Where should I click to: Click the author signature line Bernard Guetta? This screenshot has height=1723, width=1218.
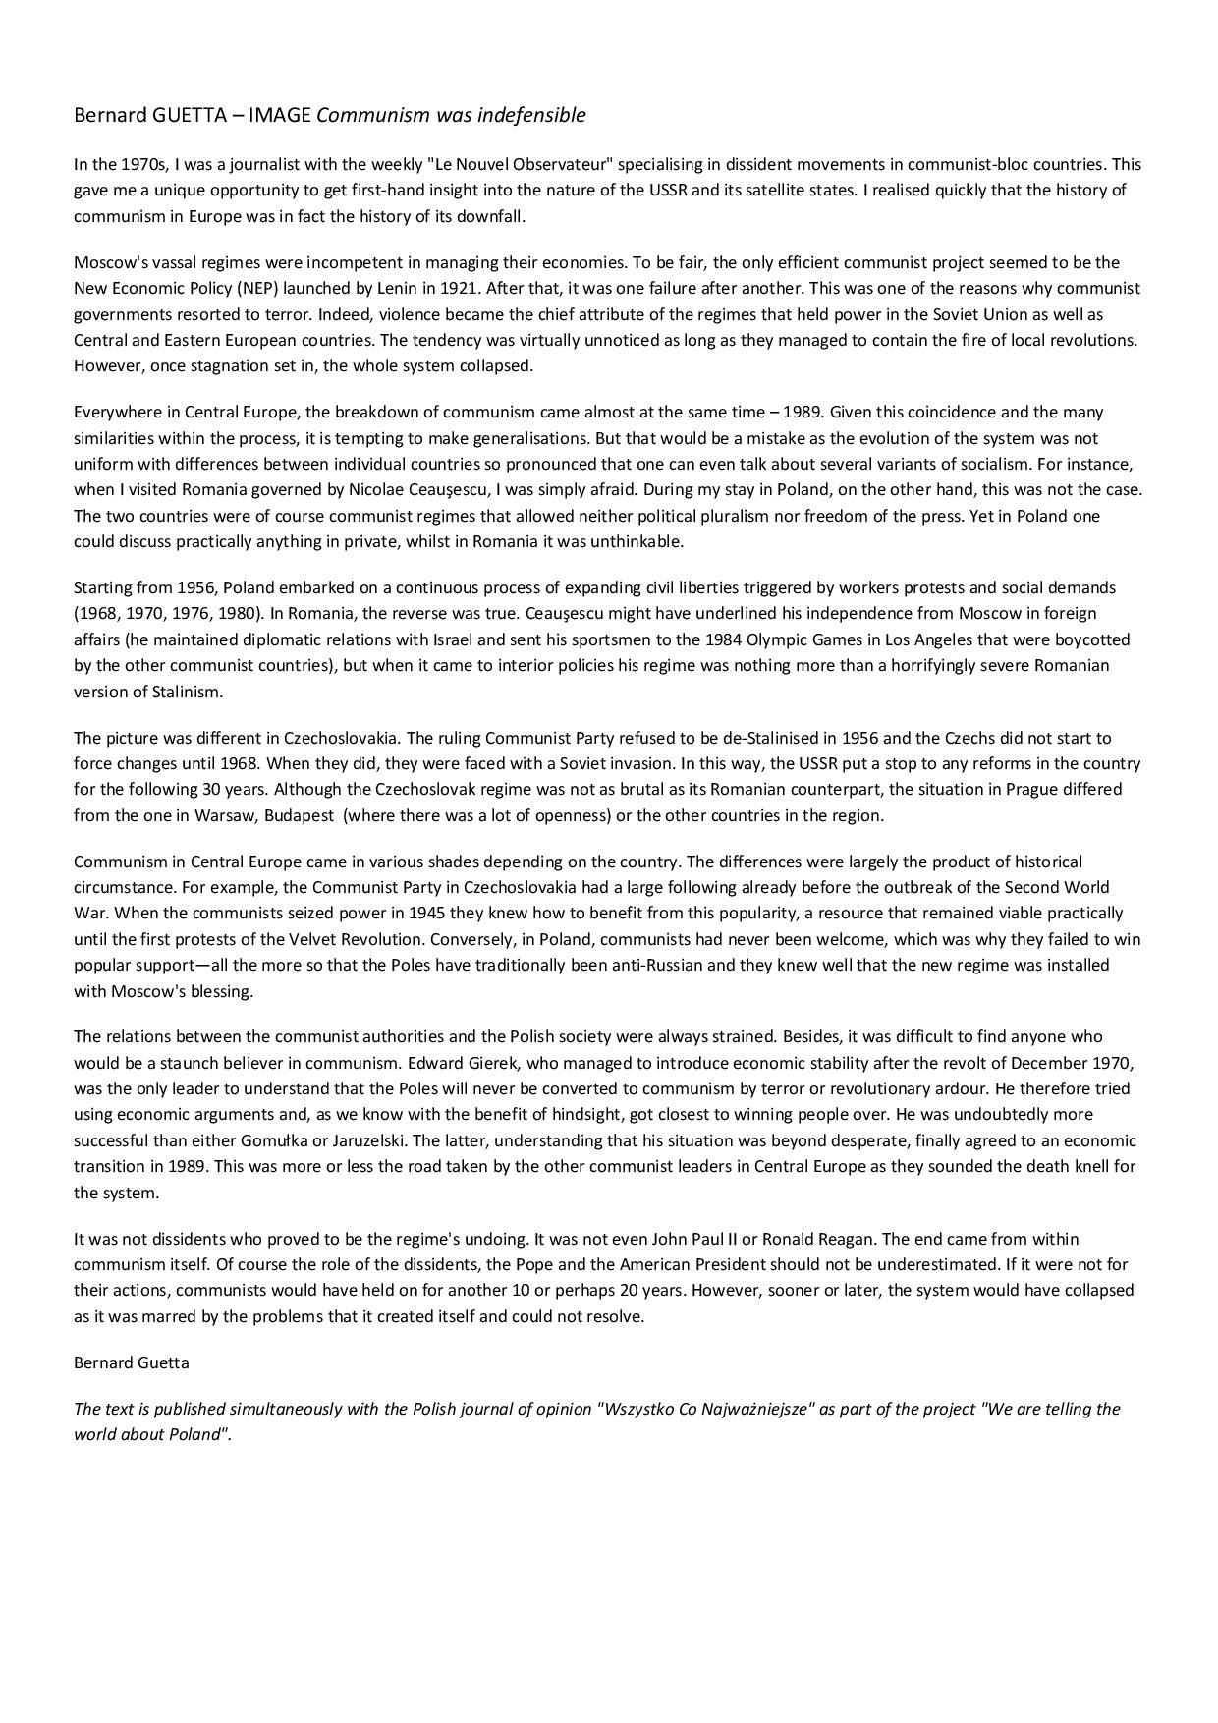click(132, 1362)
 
